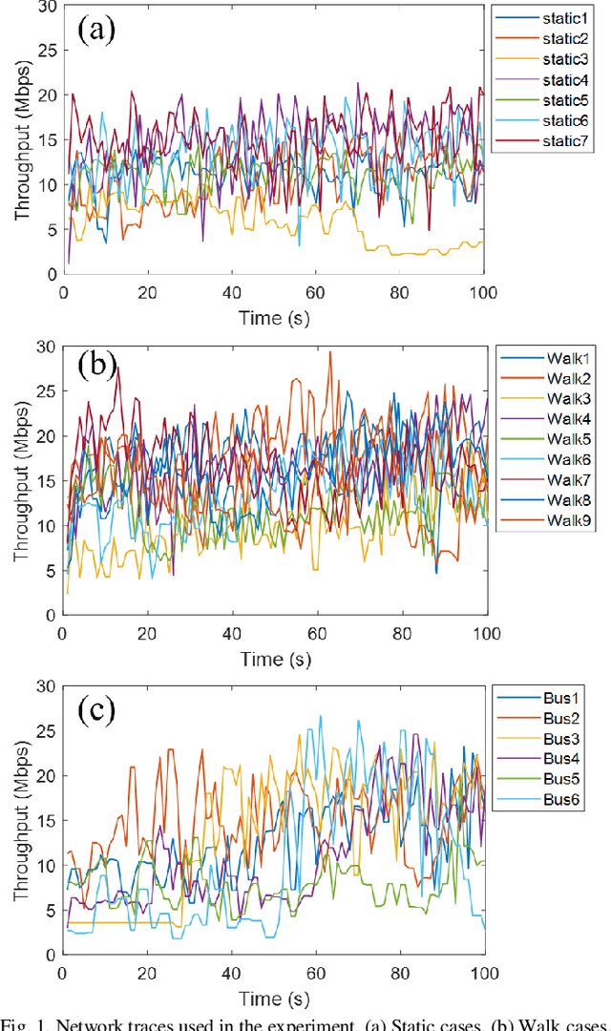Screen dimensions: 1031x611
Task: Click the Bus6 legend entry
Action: click(x=552, y=800)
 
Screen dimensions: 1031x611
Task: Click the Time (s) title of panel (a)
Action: click(x=274, y=317)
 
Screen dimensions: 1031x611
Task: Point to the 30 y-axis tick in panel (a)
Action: click(x=46, y=8)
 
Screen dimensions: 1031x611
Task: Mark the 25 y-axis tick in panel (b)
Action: click(x=46, y=391)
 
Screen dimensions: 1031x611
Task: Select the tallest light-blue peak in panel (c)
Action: click(x=321, y=717)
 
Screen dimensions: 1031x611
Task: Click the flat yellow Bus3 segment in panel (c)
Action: click(x=124, y=922)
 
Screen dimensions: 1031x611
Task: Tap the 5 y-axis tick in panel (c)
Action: click(x=50, y=910)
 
